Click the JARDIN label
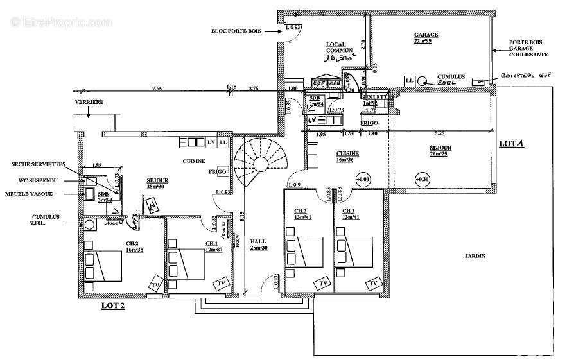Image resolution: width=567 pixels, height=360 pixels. click(476, 255)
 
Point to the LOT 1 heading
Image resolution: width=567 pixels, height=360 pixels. click(512, 144)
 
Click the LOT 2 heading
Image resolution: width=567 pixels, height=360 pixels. click(113, 305)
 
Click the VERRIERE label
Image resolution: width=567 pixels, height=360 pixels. click(89, 101)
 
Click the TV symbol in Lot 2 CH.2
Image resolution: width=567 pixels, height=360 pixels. click(155, 285)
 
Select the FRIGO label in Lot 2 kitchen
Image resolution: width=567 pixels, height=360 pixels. click(216, 172)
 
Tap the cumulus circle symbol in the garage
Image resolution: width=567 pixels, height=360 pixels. click(423, 81)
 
